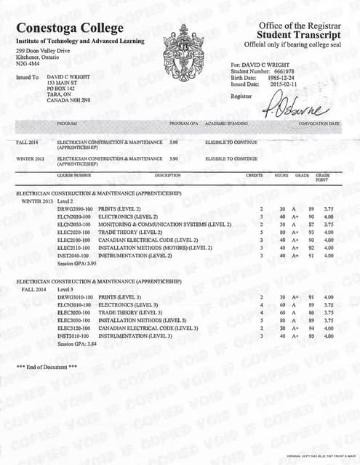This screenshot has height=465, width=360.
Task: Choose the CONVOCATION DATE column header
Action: pos(319,124)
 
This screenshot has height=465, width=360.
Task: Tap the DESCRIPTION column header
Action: pos(168,175)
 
